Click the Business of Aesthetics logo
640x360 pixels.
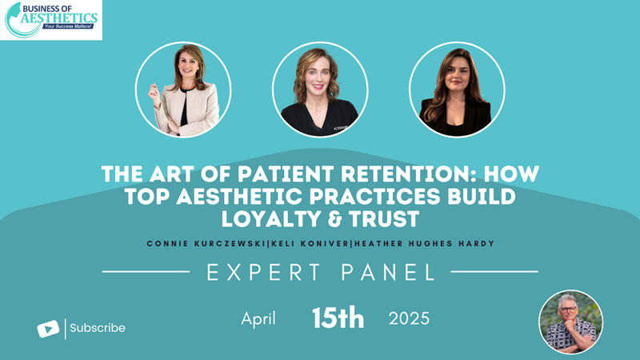51,20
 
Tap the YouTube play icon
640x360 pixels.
48,329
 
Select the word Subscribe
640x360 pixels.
98,328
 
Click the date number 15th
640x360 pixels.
338,318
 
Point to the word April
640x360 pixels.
258,318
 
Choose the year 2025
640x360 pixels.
409,318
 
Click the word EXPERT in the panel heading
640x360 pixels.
264,272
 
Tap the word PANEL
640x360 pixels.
388,272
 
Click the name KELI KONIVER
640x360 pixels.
310,244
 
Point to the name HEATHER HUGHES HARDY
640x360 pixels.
425,244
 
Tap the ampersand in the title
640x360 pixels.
329,218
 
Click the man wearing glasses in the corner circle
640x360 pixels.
570,322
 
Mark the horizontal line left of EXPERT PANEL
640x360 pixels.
146,271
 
